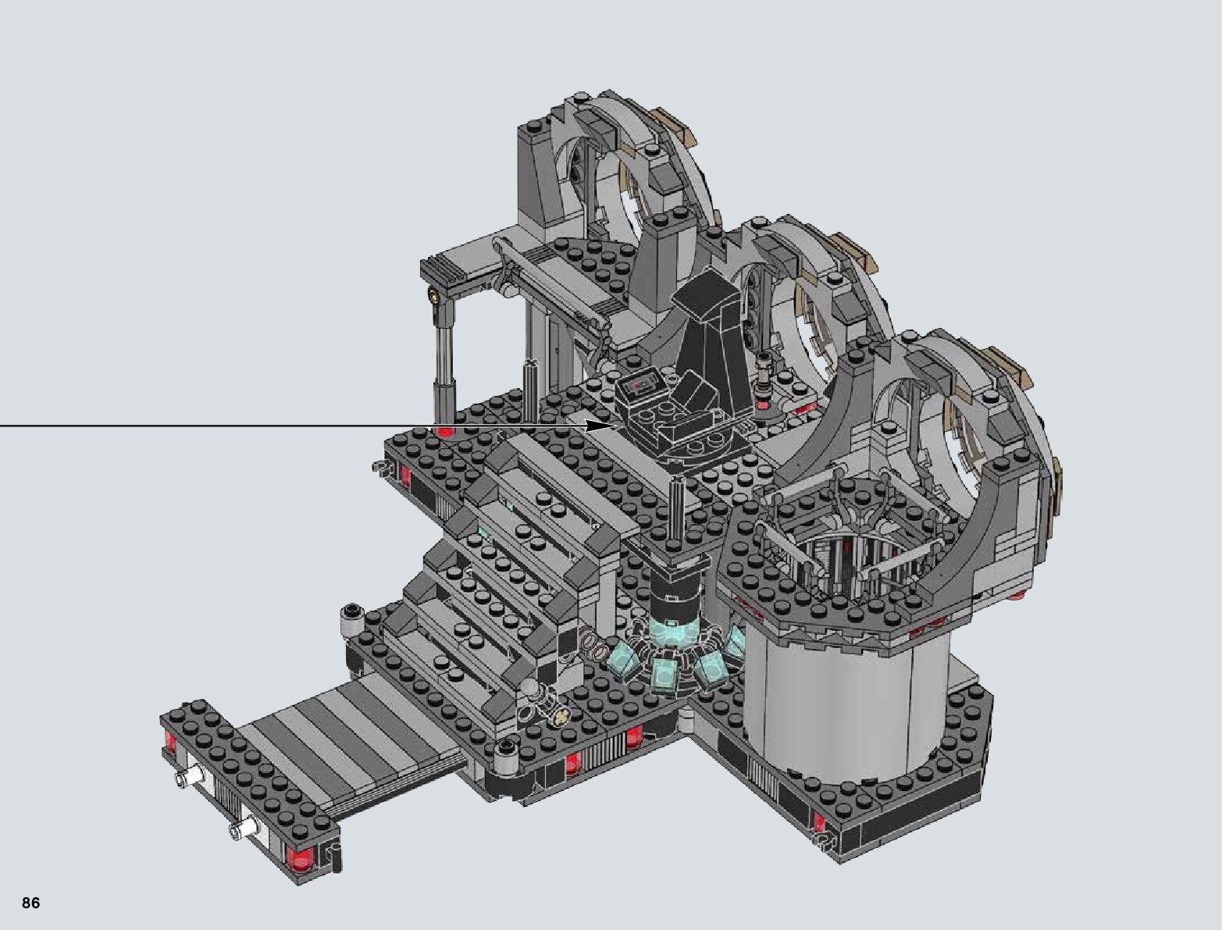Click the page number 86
coord(31,902)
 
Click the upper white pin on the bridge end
coord(187,777)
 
